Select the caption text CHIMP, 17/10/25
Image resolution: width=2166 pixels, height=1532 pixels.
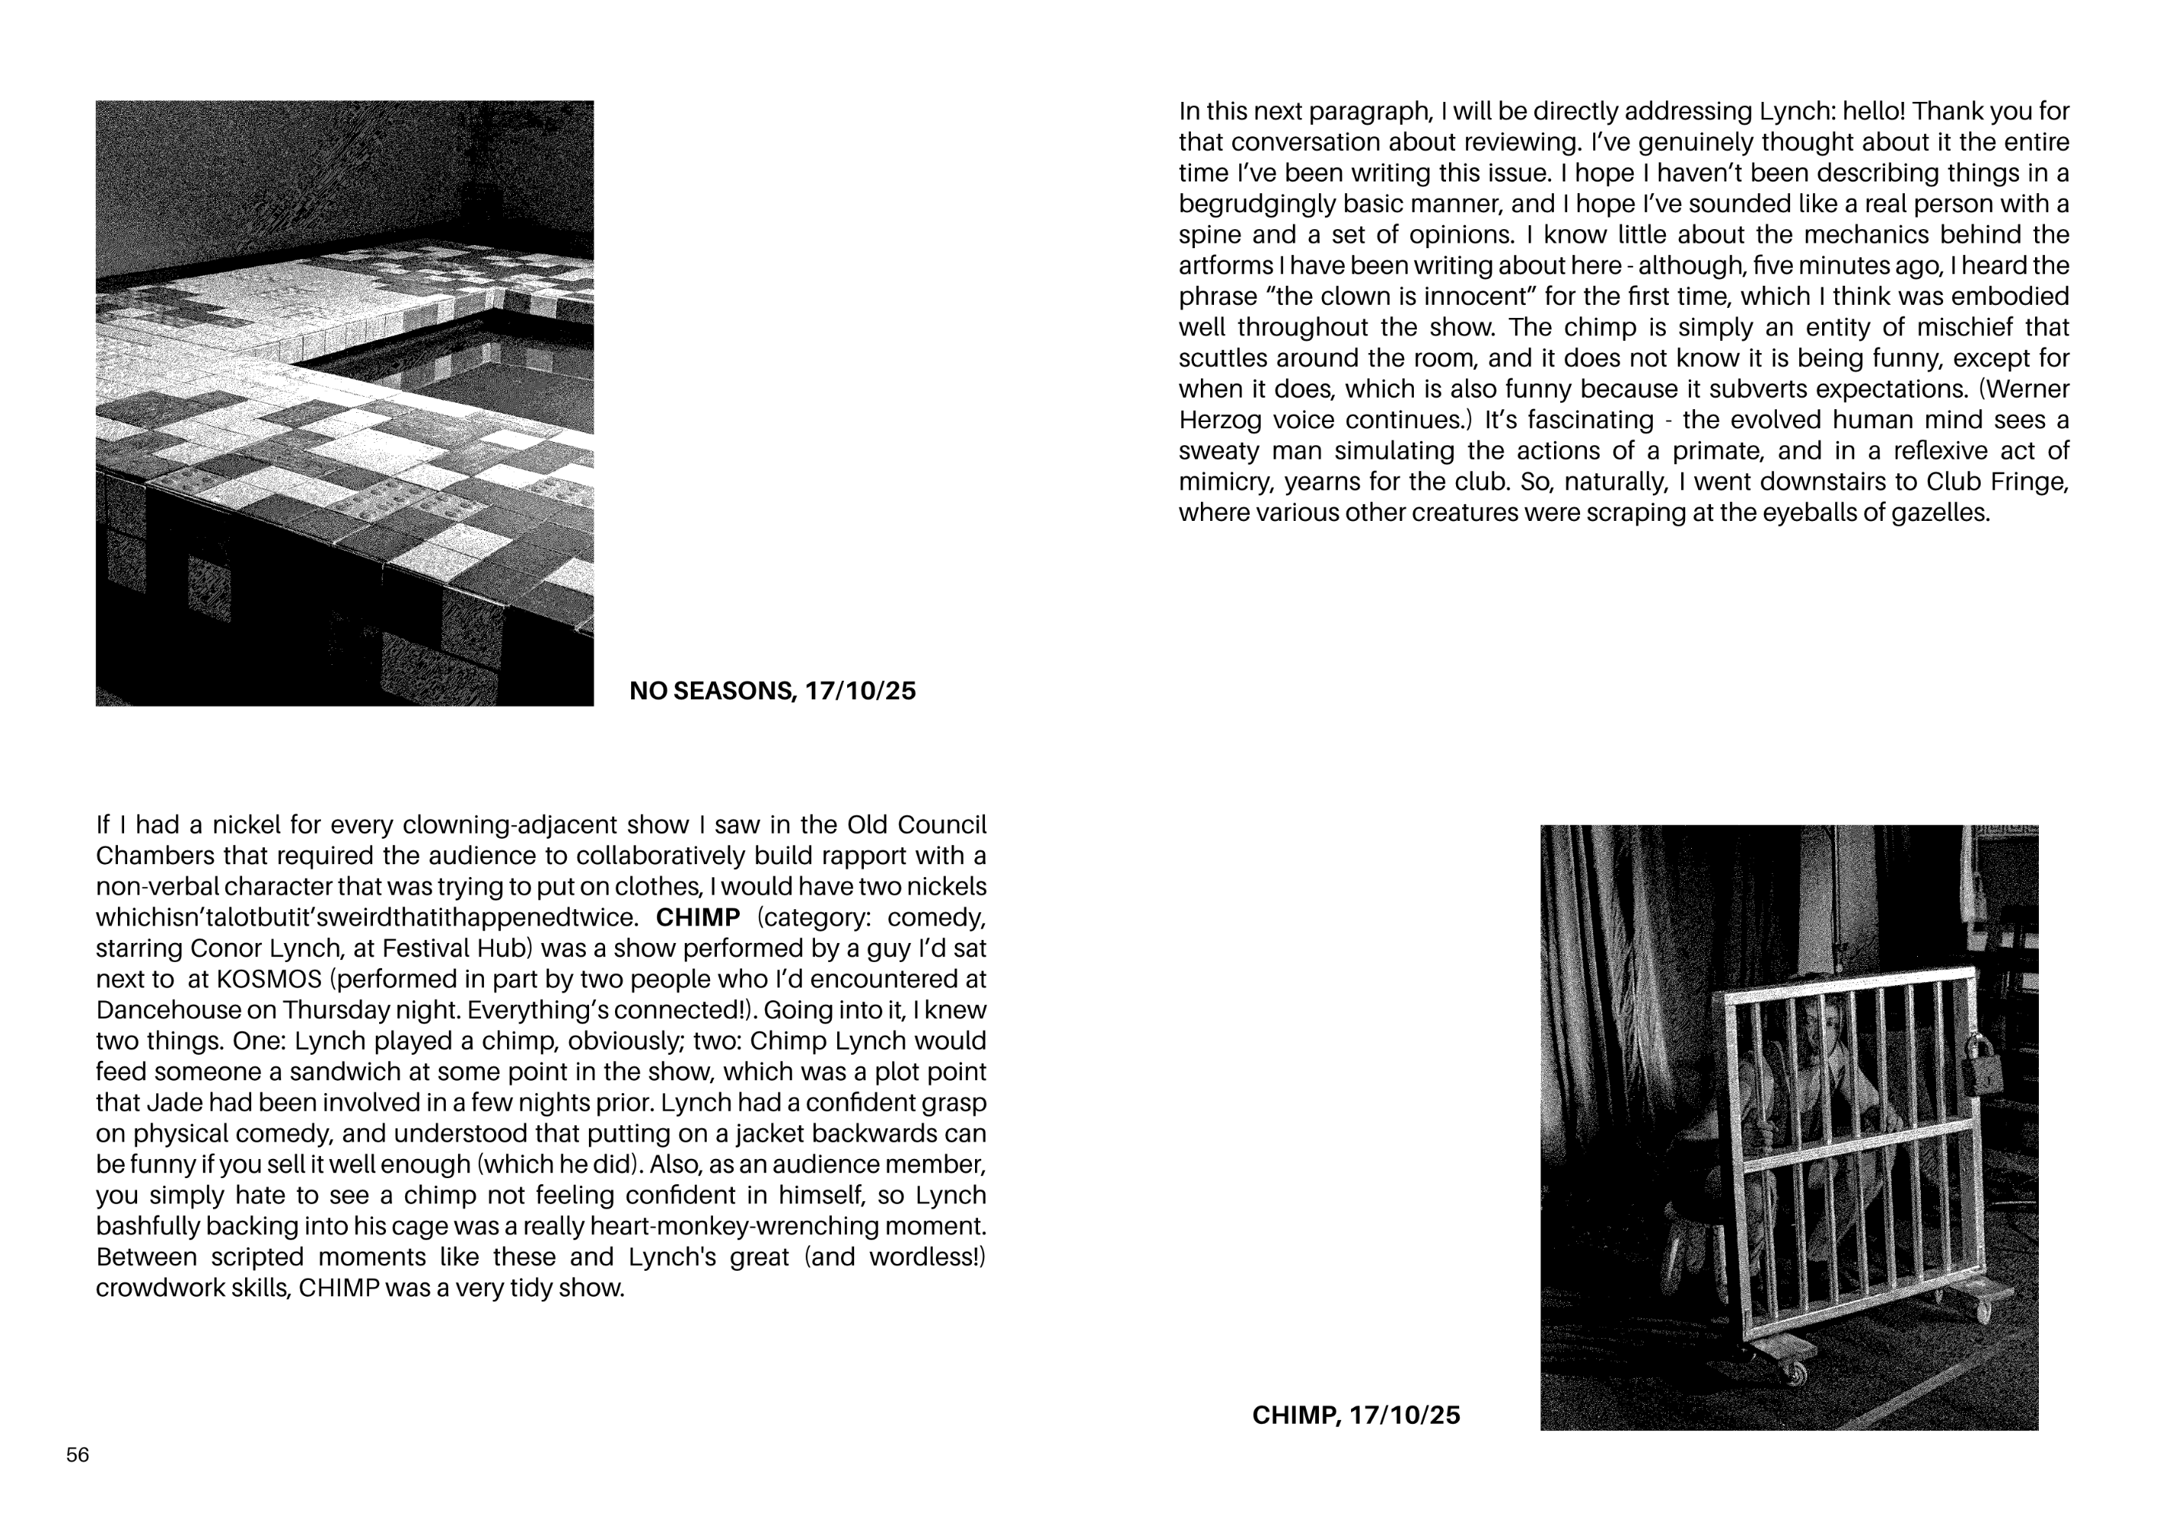point(1356,1415)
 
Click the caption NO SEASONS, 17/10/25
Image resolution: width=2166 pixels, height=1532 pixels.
point(772,692)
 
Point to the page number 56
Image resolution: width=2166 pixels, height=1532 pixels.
point(77,1455)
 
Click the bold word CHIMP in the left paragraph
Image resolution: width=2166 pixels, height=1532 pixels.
point(697,917)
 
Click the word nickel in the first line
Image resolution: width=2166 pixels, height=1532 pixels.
point(244,826)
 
